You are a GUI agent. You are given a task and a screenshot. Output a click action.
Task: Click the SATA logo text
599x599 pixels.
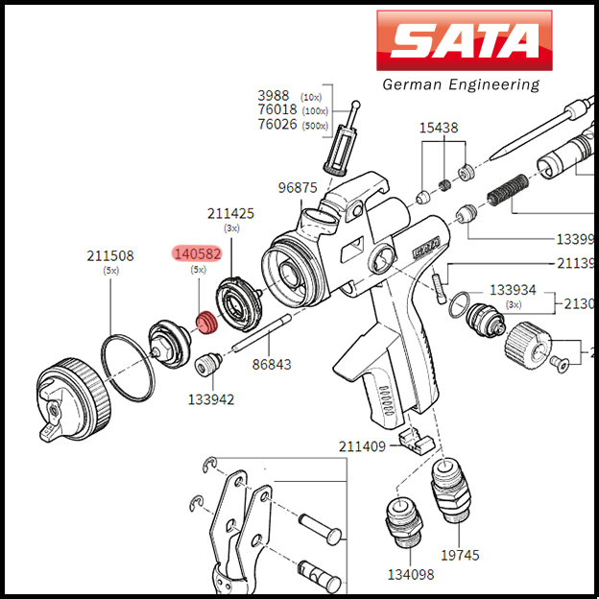pyautogui.click(x=465, y=41)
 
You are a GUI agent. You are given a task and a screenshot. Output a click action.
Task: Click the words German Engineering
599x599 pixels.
pyautogui.click(x=461, y=84)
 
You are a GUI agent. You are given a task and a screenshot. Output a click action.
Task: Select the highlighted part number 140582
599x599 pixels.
pyautogui.click(x=197, y=254)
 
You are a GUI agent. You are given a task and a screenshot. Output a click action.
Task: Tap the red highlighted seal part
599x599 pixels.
pyautogui.click(x=204, y=322)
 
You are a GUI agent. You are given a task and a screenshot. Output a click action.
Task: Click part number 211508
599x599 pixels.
pyautogui.click(x=110, y=256)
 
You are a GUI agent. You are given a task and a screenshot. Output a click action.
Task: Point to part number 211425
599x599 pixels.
pyautogui.click(x=231, y=213)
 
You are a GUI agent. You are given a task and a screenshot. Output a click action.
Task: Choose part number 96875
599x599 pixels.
pyautogui.click(x=298, y=187)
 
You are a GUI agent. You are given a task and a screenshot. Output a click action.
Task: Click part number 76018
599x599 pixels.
pyautogui.click(x=277, y=110)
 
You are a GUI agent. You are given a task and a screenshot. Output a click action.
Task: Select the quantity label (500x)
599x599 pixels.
pyautogui.click(x=314, y=126)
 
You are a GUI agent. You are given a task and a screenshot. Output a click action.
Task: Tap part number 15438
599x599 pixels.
pyautogui.click(x=438, y=128)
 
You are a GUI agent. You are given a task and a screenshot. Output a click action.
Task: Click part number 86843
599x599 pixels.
pyautogui.click(x=272, y=365)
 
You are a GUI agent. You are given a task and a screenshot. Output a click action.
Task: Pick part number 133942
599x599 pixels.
pyautogui.click(x=210, y=399)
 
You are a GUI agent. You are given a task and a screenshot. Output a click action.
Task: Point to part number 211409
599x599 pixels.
pyautogui.click(x=362, y=446)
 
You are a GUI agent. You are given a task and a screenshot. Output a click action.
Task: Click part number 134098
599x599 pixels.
pyautogui.click(x=411, y=574)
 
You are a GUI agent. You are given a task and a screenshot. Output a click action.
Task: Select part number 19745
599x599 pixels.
pyautogui.click(x=460, y=555)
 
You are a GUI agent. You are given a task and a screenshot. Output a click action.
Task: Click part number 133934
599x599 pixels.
pyautogui.click(x=513, y=289)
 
